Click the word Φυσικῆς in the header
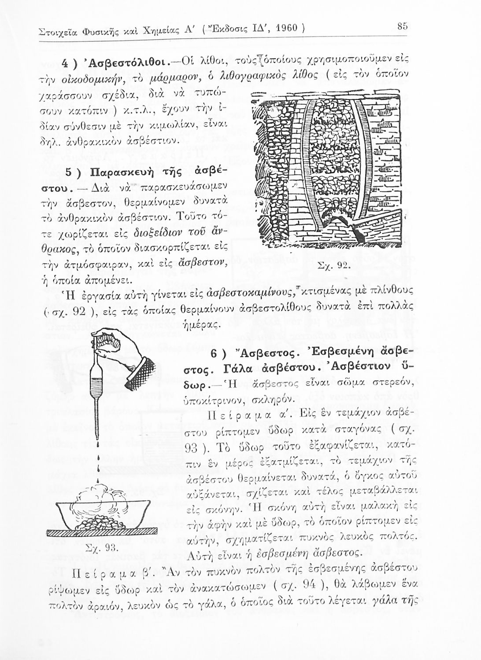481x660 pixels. pyautogui.click(x=93, y=32)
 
